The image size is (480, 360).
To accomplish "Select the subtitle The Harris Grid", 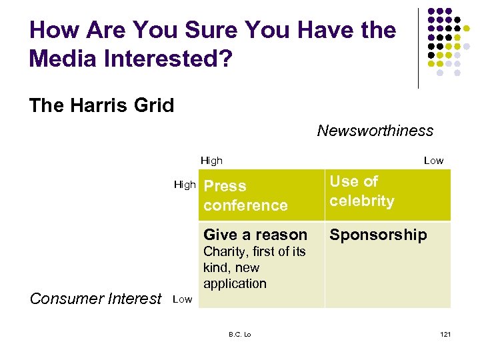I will [101, 105].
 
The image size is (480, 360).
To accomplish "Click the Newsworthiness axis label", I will [375, 131].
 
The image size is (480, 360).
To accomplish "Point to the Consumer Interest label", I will [96, 299].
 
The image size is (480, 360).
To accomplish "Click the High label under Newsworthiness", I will [211, 161].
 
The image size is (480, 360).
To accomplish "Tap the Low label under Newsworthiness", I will [433, 161].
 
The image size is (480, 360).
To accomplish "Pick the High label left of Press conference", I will [185, 185].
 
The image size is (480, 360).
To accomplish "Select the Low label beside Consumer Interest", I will [183, 299].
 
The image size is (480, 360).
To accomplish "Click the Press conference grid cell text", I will [245, 196].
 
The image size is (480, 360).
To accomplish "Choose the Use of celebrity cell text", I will [361, 191].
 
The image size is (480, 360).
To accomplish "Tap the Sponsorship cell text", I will [378, 235].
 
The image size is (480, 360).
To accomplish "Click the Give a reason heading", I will [255, 235].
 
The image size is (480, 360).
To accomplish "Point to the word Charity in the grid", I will [224, 251].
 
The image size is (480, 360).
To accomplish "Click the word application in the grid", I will [235, 283].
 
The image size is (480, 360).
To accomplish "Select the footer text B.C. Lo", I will [239, 334].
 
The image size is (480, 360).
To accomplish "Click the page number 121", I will [445, 334].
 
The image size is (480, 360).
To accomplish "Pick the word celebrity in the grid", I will [361, 201].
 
